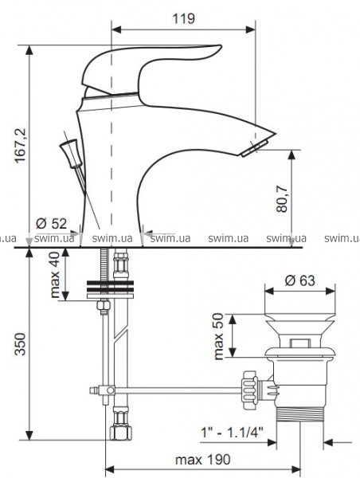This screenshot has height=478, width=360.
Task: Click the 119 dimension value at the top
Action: (183, 18)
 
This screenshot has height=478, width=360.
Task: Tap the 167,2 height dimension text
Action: (21, 146)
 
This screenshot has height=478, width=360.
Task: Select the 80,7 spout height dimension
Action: (282, 198)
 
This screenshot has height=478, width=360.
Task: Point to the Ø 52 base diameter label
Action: (51, 223)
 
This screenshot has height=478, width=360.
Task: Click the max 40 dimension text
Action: (55, 275)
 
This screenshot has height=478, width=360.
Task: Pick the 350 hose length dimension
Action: (21, 344)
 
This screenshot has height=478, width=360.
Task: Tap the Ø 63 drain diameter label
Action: (300, 280)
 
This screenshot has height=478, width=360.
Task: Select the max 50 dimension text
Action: (218, 336)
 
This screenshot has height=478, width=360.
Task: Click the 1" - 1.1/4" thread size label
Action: (232, 433)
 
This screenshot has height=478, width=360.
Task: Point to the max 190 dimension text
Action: (203, 460)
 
